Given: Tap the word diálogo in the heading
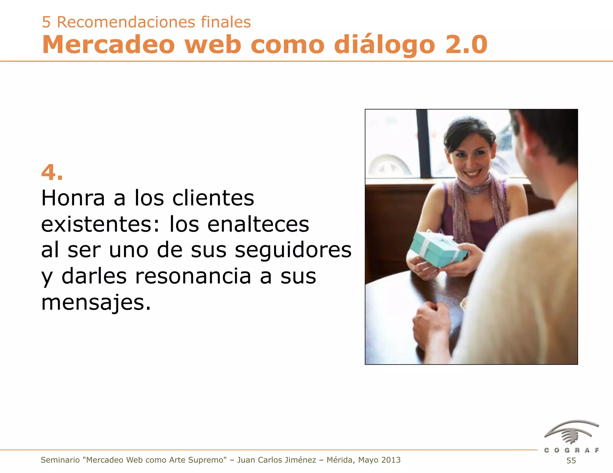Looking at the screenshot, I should pos(384,45).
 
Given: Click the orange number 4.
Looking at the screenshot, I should pos(52,173).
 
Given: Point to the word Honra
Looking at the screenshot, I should pos(73,198).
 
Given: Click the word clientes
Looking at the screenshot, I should pos(213,198).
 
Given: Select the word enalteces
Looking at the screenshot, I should pos(258,224).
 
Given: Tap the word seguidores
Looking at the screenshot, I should pos(293,250).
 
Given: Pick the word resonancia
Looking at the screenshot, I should pos(193,276).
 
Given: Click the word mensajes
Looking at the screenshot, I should pos(96,303).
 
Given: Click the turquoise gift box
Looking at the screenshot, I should pos(438,249).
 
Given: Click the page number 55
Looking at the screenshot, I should pos(571,460).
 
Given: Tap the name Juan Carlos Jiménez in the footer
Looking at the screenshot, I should pos(277,460).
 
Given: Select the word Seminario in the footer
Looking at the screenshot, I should pos(60,460).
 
